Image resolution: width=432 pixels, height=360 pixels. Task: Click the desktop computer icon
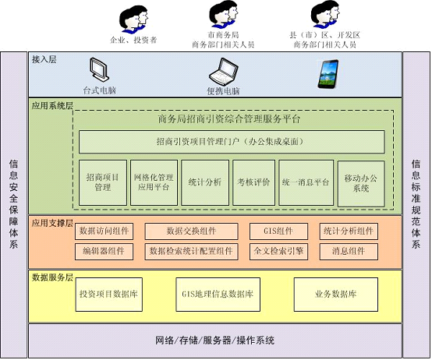[99, 70]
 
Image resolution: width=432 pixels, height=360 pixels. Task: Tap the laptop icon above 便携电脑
[224, 72]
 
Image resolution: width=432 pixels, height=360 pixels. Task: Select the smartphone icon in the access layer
[328, 74]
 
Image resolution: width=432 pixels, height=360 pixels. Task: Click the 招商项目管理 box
[103, 182]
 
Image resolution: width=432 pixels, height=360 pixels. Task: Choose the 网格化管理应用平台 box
[154, 182]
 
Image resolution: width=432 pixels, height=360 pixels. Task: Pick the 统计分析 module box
[205, 182]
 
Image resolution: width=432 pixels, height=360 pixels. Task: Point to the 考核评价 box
[253, 182]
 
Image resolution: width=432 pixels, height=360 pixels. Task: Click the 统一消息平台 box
[306, 182]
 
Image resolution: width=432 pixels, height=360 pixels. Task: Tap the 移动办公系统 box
[361, 183]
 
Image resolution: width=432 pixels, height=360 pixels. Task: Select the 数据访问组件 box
[104, 231]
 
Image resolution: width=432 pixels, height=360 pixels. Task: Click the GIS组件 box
[278, 231]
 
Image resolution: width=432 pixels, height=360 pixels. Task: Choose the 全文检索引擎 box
[278, 251]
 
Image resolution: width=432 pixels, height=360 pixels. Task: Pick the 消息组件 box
[349, 251]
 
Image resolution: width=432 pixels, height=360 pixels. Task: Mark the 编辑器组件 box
[104, 251]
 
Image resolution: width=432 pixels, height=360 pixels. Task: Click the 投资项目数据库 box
[109, 295]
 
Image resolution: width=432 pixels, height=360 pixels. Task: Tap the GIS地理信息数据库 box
[218, 295]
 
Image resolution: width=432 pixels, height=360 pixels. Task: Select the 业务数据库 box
[336, 295]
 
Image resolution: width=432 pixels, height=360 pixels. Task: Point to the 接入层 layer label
[44, 59]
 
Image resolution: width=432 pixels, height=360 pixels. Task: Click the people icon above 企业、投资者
[133, 19]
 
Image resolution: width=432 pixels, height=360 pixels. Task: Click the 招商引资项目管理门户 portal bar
[232, 142]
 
